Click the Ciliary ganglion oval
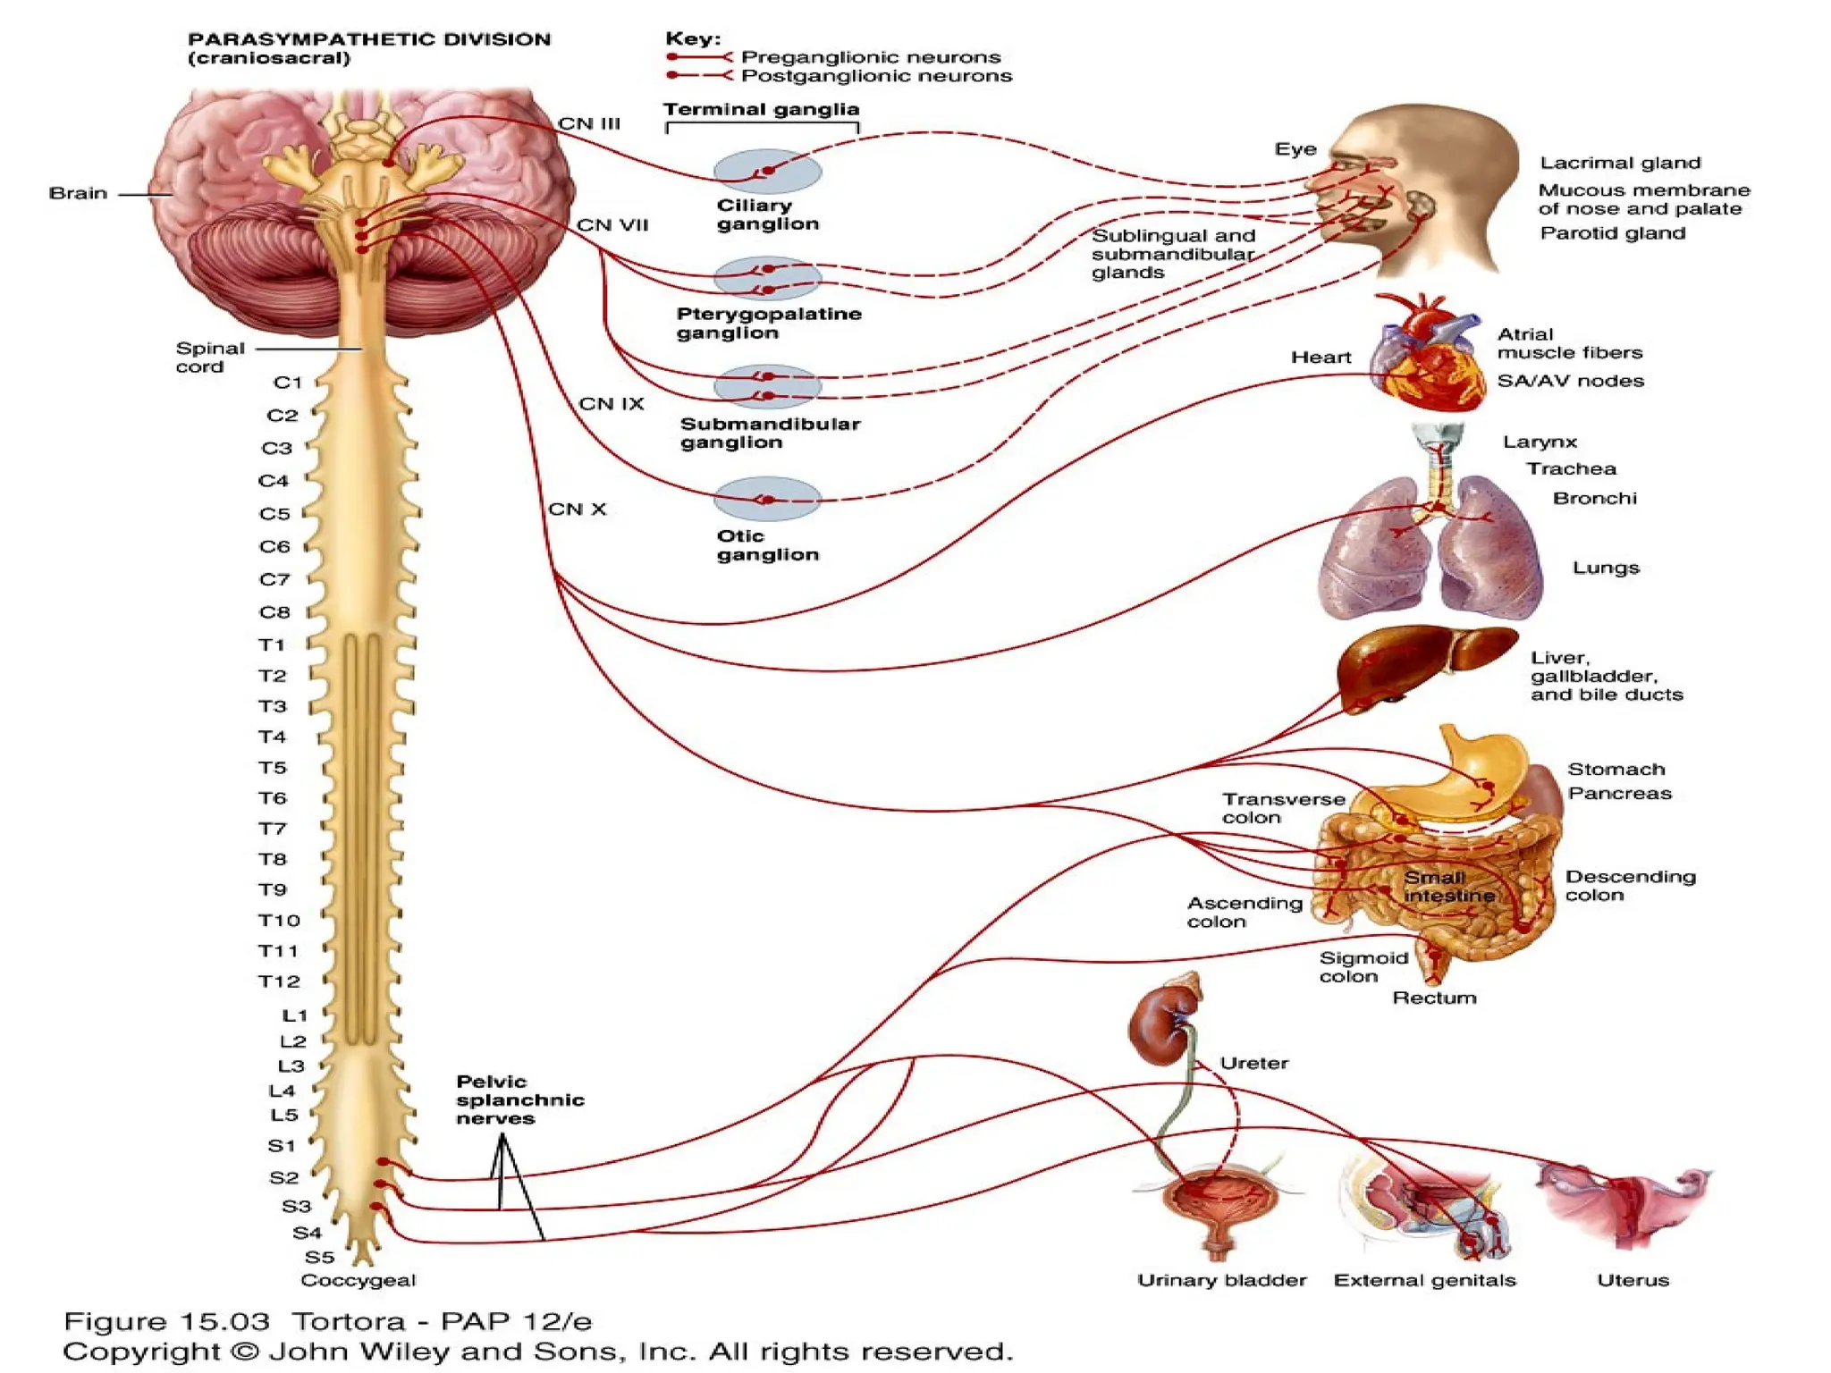click(x=767, y=171)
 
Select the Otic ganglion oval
click(x=767, y=499)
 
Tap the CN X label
click(x=577, y=510)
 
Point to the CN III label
click(x=588, y=123)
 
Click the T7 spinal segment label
click(x=273, y=829)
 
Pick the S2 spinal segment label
click(x=283, y=1178)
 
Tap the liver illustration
click(x=1422, y=666)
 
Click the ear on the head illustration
click(x=1419, y=207)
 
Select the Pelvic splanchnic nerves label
click(x=519, y=1099)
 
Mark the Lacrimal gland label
click(x=1619, y=163)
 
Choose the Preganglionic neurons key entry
click(x=870, y=57)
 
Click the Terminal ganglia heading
click(x=761, y=109)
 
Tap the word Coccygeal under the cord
click(x=358, y=1280)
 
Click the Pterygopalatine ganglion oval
click(x=767, y=278)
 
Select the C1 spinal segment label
click(x=288, y=383)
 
